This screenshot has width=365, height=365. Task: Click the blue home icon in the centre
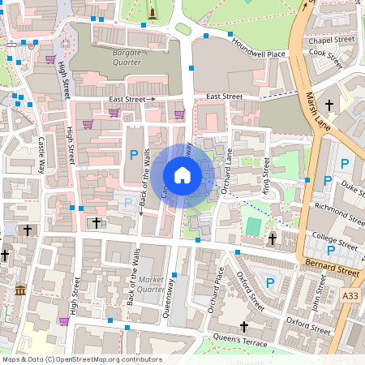point(182,174)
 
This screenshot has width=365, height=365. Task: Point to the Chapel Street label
point(333,39)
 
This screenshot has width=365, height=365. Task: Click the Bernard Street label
point(333,264)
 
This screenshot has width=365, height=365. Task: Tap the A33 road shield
point(350,297)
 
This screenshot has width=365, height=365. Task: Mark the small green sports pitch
point(254,226)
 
